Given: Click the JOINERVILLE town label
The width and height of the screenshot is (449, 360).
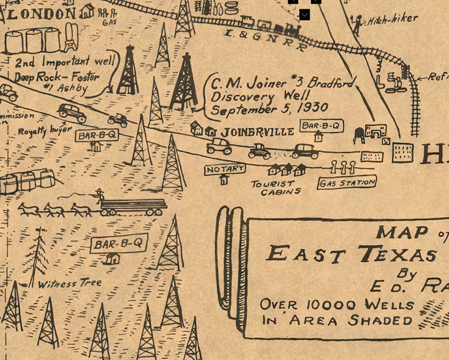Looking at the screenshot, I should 257,132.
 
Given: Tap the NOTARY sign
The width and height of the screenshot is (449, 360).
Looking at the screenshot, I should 225,169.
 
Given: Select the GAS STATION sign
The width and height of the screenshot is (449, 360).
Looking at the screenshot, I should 347,183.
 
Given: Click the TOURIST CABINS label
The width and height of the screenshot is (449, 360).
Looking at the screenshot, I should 275,188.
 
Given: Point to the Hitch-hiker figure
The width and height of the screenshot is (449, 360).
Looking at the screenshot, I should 357,24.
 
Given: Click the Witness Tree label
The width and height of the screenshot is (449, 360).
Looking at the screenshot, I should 70,284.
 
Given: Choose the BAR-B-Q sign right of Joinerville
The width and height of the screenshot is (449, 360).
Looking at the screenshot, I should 322,126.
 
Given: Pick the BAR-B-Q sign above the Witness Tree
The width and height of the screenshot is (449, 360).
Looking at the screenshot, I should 119,244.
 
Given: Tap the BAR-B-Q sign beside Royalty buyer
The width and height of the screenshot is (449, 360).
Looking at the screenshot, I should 97,135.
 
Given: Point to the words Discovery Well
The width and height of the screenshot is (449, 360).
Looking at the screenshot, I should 260,96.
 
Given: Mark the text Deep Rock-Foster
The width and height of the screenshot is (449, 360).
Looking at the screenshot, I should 56,77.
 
